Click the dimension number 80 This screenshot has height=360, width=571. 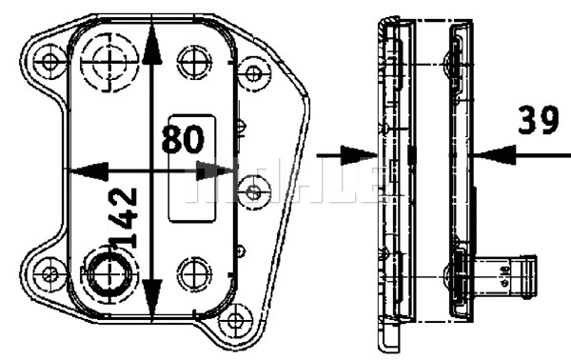182,139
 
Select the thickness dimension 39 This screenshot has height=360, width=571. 538,121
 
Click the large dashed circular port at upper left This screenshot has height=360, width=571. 108,61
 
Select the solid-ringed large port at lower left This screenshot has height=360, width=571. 107,276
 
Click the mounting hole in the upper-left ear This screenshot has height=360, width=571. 49,64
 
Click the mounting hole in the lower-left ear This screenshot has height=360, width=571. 49,274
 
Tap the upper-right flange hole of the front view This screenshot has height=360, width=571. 253,72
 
